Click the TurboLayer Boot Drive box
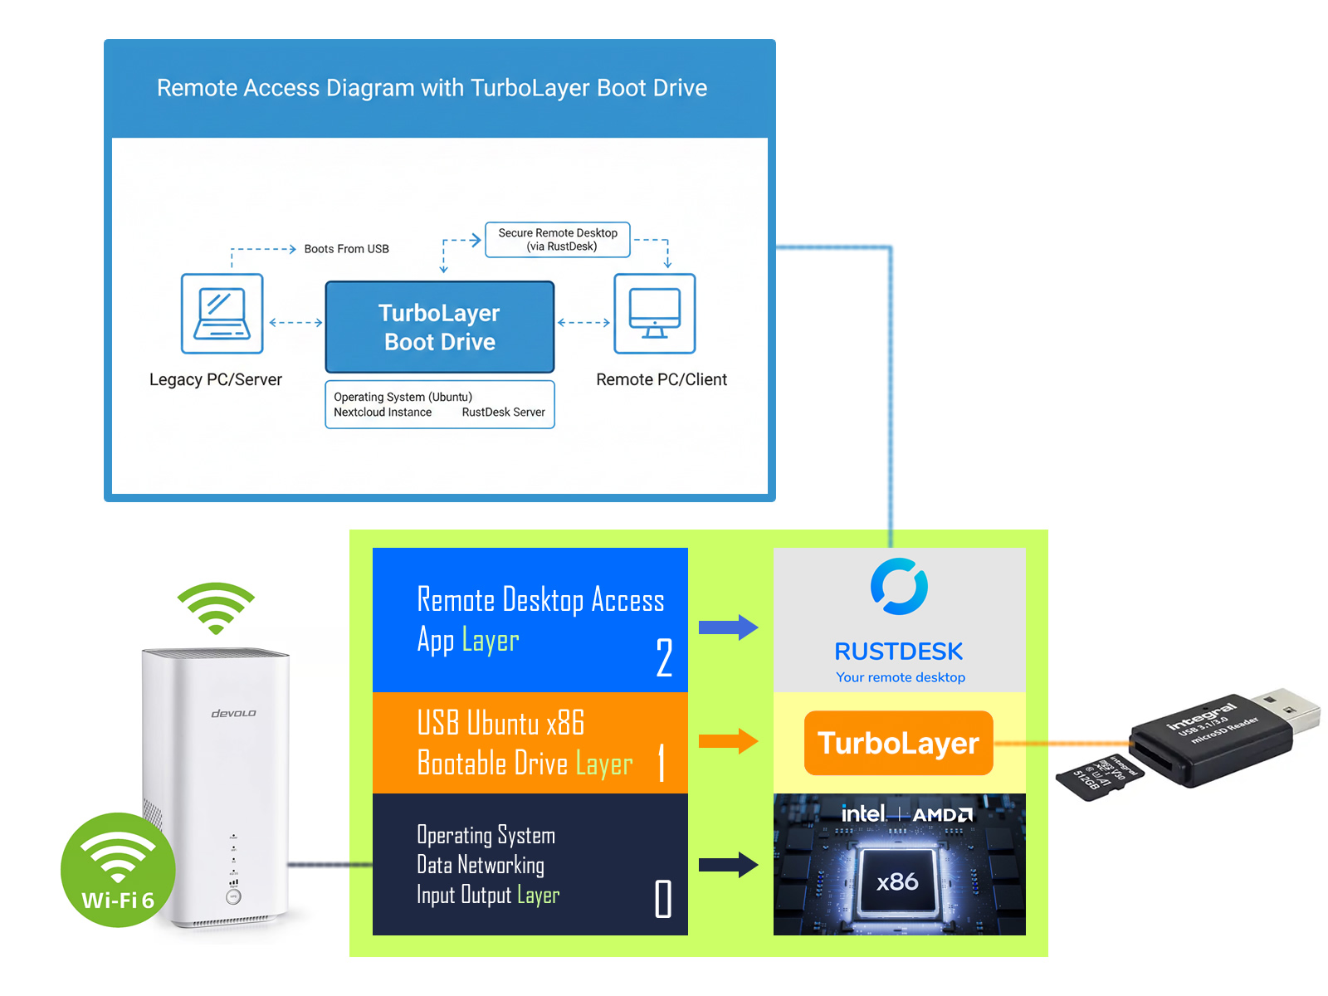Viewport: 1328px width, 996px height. tap(439, 327)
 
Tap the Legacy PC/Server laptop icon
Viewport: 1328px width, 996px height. tap(222, 314)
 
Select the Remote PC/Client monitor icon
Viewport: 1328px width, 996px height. tap(654, 314)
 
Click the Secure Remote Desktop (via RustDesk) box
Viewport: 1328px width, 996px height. tap(558, 240)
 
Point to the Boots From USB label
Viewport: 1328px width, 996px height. tap(346, 249)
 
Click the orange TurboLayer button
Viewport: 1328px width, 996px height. tap(898, 743)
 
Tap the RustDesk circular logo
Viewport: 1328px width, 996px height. tap(899, 587)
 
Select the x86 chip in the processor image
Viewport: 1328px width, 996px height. tap(898, 881)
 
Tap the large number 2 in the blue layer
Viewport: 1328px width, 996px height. tap(664, 658)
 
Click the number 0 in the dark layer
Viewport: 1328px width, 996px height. tap(663, 899)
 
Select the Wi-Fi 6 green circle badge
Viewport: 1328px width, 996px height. tap(118, 870)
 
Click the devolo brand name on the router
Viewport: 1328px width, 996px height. tap(233, 714)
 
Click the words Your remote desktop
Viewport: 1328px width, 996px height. tap(901, 677)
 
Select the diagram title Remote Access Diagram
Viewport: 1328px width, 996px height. tap(432, 88)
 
